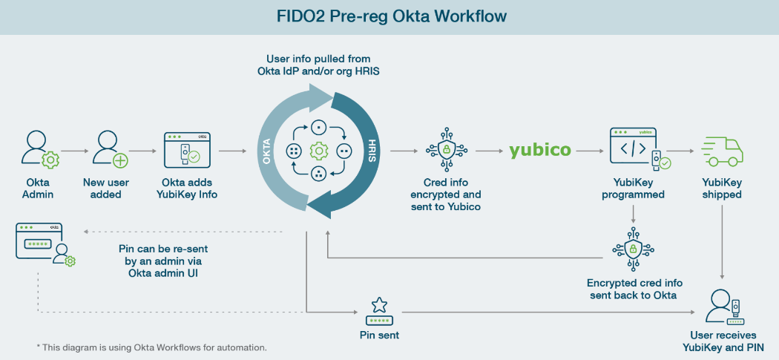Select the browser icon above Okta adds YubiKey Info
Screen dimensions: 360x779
[186, 149]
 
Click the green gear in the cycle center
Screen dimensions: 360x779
[319, 151]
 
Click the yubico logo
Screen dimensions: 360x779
[540, 151]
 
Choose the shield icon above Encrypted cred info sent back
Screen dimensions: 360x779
[634, 250]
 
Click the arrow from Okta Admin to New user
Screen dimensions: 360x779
[74, 151]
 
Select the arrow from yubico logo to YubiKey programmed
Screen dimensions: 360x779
[590, 151]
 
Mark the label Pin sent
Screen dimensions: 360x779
[379, 335]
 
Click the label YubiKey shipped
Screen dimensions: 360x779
[722, 189]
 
